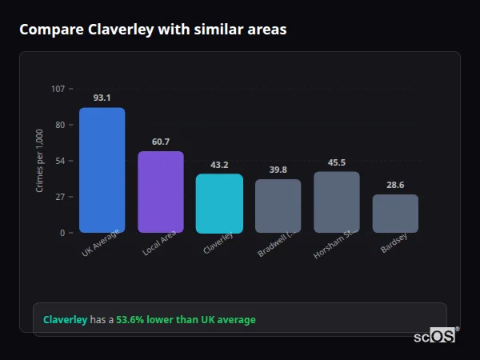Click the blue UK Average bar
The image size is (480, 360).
point(102,170)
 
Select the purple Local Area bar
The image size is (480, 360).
point(161,192)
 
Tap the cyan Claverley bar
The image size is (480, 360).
point(219,203)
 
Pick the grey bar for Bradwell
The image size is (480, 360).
point(278,206)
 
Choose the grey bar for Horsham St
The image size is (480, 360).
point(337,202)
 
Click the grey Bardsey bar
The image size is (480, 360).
point(395,214)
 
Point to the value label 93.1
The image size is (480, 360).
point(102,98)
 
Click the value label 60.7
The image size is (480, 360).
point(161,142)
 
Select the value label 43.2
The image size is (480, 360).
point(219,165)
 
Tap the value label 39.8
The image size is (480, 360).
point(278,170)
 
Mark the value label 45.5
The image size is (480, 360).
point(337,162)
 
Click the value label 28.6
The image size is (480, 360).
point(395,185)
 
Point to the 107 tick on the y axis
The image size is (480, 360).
point(58,89)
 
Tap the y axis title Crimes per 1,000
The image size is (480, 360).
point(40,161)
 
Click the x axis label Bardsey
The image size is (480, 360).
point(394,244)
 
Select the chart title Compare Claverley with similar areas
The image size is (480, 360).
point(153,30)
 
